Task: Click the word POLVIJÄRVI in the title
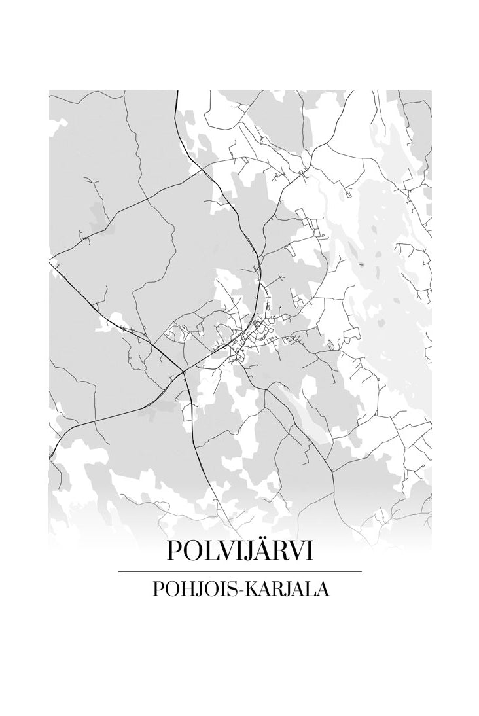[x=239, y=550]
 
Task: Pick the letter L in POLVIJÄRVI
[x=211, y=550]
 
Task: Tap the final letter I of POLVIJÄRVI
[x=308, y=550]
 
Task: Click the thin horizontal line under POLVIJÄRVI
[x=239, y=571]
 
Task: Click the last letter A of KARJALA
[x=323, y=589]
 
